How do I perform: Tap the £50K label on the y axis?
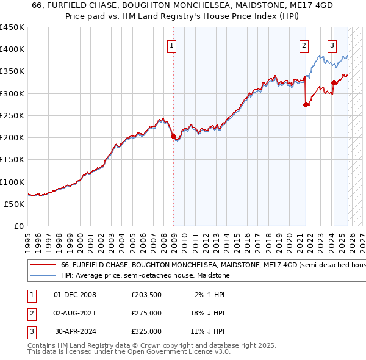pos(15,204)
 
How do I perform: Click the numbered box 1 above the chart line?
pos(172,45)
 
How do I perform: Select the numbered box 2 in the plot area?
pos(304,45)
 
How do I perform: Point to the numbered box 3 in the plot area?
pos(332,45)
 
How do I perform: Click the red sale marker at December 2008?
pos(173,136)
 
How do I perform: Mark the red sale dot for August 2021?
pos(306,105)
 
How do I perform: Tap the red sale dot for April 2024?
pos(334,83)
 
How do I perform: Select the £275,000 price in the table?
pos(146,314)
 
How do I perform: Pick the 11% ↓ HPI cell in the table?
pos(207,331)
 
